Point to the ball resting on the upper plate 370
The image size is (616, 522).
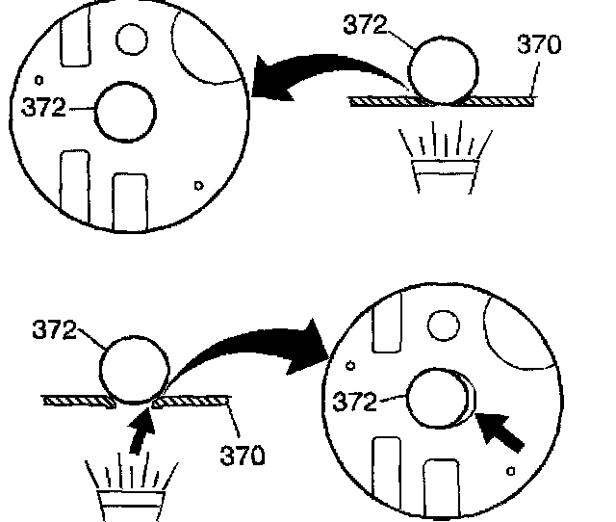443,70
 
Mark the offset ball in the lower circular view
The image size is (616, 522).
438,399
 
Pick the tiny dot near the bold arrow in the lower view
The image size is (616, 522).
513,469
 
